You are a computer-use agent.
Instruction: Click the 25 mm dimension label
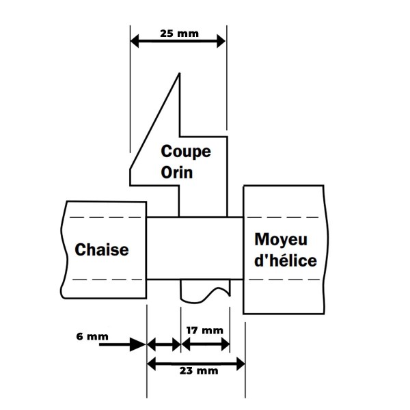(177, 32)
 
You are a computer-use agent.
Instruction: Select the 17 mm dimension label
(204, 331)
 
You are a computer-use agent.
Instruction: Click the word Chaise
(101, 249)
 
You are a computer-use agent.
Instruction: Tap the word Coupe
(185, 151)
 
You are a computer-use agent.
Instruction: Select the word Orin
(177, 172)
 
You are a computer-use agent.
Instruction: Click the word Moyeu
(281, 240)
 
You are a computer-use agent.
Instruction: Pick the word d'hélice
(285, 260)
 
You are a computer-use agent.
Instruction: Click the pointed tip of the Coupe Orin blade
(179, 74)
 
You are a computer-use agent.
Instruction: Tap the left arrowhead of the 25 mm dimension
(135, 42)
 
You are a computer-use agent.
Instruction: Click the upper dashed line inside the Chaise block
(102, 217)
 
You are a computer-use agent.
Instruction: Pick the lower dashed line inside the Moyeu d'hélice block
(284, 280)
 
